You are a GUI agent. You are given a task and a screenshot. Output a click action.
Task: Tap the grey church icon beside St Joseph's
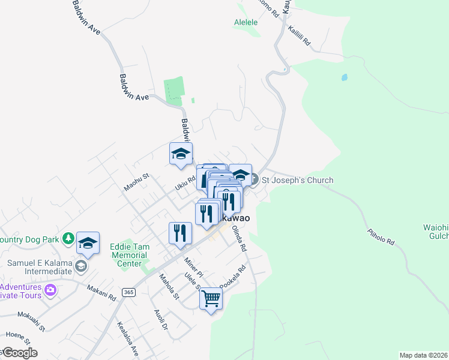coord(254,179)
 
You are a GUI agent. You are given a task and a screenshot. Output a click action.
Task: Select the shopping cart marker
coord(211,298)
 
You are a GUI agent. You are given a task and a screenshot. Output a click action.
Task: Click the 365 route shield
coord(128,292)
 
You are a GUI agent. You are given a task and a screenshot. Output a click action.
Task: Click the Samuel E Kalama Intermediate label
coord(40,268)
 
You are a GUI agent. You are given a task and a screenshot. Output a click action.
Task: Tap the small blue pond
coord(344,77)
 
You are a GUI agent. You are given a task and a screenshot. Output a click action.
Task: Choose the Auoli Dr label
coord(160,320)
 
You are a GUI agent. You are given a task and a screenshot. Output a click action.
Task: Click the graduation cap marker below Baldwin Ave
coord(181,155)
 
